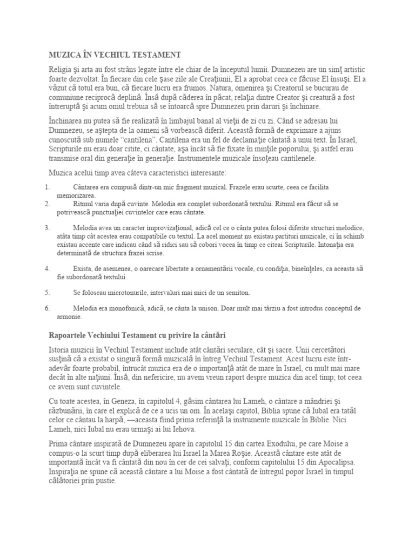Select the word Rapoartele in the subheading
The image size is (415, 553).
tap(68, 335)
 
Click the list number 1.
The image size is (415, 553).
tap(48, 187)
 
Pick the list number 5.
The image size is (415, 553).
tap(48, 292)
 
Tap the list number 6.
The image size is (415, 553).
tap(48, 308)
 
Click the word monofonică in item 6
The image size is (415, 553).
tap(139, 308)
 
